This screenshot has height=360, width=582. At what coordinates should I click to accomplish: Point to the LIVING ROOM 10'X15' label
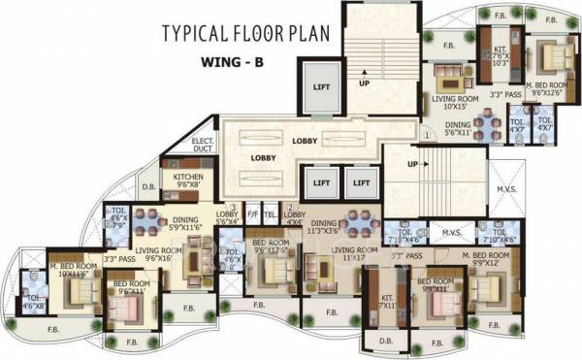click(x=454, y=100)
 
